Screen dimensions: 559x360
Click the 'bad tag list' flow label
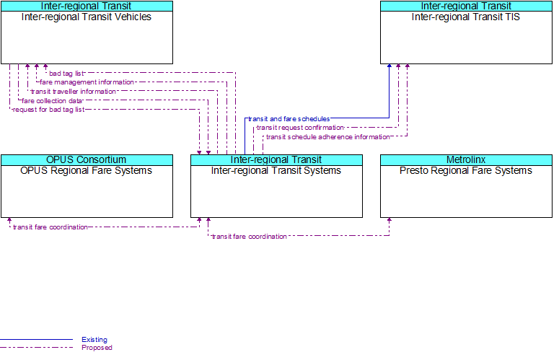pos(66,74)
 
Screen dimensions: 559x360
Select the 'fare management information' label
pos(87,82)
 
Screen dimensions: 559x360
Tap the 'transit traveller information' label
pos(74,92)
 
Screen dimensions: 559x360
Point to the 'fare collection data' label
pos(52,101)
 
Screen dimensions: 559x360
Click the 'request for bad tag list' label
pos(48,110)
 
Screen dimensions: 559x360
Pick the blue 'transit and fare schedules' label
pos(289,119)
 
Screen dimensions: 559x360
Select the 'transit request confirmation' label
pos(300,128)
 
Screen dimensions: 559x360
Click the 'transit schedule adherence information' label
pos(328,137)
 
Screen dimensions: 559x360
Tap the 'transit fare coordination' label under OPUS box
pos(50,227)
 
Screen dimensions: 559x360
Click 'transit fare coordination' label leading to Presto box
pos(249,237)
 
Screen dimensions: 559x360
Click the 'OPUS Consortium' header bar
pos(87,160)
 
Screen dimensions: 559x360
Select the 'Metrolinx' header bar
pos(466,160)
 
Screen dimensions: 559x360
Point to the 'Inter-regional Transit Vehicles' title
pos(87,17)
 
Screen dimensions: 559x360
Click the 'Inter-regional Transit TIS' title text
pos(466,17)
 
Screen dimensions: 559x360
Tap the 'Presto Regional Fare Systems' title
pos(466,171)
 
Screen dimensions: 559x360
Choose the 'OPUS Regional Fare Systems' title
pos(87,171)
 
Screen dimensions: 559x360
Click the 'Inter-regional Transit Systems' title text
pos(276,171)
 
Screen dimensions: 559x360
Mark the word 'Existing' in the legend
pos(94,340)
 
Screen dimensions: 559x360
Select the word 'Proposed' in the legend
pos(97,348)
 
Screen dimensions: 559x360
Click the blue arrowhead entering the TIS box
pos(389,66)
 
